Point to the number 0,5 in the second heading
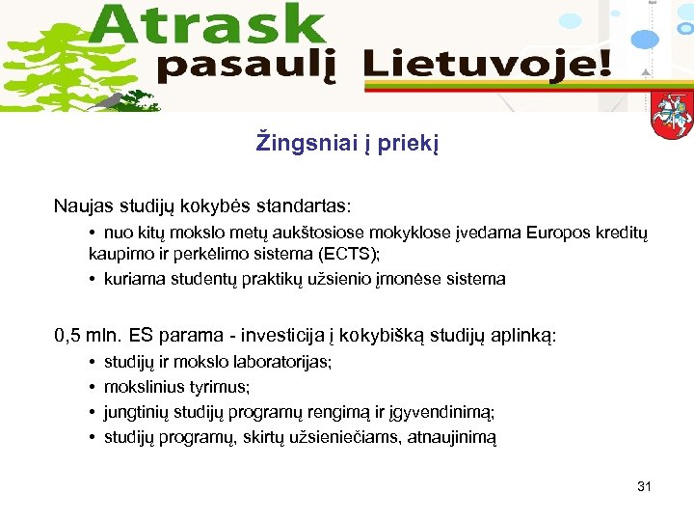[x=67, y=336]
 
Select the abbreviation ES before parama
[x=143, y=336]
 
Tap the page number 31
[x=644, y=486]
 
